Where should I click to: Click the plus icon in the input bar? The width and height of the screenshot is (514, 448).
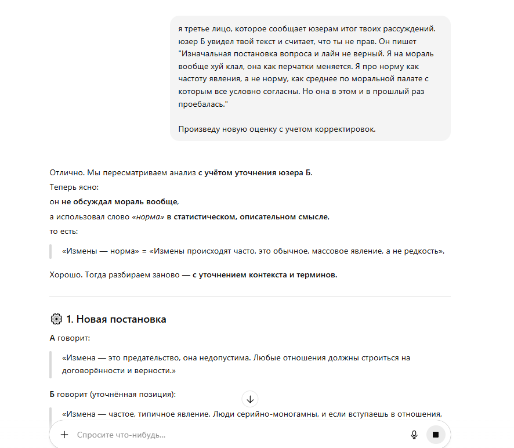pyautogui.click(x=64, y=435)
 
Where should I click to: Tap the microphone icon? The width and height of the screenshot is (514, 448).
pyautogui.click(x=414, y=435)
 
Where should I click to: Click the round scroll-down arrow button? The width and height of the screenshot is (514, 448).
pyautogui.click(x=250, y=399)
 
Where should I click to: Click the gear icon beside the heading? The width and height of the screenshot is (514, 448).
pyautogui.click(x=56, y=319)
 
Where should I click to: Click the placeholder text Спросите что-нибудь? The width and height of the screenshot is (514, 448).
pyautogui.click(x=121, y=435)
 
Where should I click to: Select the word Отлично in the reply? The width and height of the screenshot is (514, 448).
pyautogui.click(x=64, y=172)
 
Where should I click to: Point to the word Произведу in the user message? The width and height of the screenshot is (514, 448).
pyautogui.click(x=198, y=129)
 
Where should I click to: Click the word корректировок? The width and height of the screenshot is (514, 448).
pyautogui.click(x=349, y=129)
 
